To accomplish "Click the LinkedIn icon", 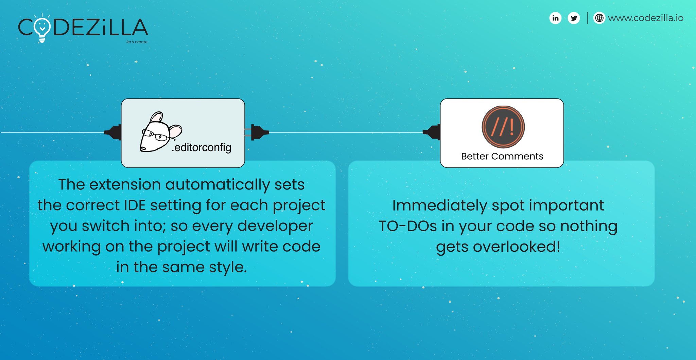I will [x=555, y=18].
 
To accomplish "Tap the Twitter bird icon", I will [x=574, y=18].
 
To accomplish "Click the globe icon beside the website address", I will [x=599, y=18].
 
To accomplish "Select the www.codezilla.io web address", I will [x=645, y=18].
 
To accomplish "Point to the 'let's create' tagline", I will [x=137, y=42].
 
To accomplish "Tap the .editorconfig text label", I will [x=202, y=147].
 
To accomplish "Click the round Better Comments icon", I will [x=503, y=127].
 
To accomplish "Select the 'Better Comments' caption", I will [x=502, y=156].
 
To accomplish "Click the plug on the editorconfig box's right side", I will [x=259, y=132].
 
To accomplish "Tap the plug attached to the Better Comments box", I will [x=432, y=132].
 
